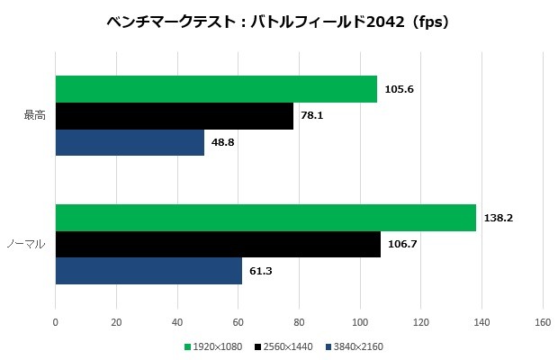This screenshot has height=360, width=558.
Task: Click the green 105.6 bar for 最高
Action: [x=216, y=89]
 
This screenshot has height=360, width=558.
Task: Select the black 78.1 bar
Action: [x=175, y=116]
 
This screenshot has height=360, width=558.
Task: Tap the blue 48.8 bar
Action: [x=130, y=142]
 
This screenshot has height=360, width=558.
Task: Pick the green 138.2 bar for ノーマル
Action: [x=265, y=218]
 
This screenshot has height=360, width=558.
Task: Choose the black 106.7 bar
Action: [x=218, y=244]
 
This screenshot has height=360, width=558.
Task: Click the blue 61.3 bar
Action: [x=148, y=271]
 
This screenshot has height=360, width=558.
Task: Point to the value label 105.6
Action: [x=398, y=89]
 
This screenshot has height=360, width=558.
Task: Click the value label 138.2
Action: [x=497, y=218]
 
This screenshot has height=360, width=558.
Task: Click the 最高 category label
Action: [x=34, y=116]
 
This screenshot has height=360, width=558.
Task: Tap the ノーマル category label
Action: [x=27, y=244]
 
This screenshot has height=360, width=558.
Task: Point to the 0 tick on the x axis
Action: [x=56, y=321]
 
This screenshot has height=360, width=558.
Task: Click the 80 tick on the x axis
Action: [x=299, y=321]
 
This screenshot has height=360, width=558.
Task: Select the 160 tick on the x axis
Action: [x=542, y=321]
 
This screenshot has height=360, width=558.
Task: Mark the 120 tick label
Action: [x=420, y=321]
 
